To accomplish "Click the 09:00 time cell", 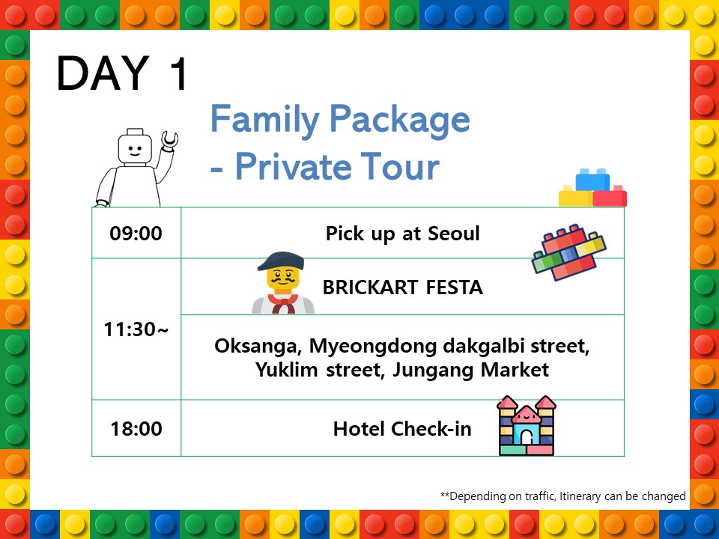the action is point(136,234).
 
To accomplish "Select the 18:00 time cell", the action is point(136,429).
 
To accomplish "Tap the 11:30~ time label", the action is point(136,329).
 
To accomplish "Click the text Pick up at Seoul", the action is point(403,234).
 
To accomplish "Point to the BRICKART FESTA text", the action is point(403,287).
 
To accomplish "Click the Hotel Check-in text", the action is point(402,429).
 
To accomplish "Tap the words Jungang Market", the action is point(470,370).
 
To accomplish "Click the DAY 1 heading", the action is point(122,73).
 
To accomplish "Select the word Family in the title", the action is point(265,119).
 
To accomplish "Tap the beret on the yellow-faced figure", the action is point(281,261).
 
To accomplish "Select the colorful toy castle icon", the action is point(527,425).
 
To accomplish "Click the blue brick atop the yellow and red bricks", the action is point(592,180).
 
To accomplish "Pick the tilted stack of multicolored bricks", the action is point(569,252).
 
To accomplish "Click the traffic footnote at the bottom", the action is point(563,496).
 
